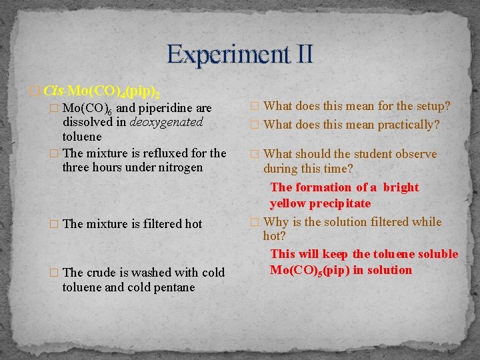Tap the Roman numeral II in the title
click(301, 54)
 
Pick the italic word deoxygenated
click(167, 122)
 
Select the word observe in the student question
click(417, 154)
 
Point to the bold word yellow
click(287, 203)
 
